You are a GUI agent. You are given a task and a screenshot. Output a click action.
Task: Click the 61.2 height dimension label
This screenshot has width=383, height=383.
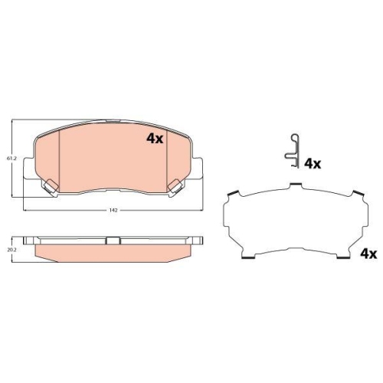pos(11,159)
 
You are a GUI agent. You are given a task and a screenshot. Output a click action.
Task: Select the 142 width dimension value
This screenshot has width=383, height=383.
pos(113,210)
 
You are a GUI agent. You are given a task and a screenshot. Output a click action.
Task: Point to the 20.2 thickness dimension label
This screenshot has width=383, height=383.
pos(11,250)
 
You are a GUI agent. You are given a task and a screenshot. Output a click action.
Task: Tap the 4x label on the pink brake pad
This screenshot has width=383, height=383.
pos(155,139)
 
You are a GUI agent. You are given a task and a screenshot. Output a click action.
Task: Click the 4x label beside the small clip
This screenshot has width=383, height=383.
pos(313,164)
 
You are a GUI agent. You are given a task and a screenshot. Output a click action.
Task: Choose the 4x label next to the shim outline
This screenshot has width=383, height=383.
pos(368,254)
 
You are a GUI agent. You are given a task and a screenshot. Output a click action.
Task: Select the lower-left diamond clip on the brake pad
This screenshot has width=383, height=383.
pos(51,186)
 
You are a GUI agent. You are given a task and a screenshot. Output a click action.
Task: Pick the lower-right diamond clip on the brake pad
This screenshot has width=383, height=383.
pos(175,186)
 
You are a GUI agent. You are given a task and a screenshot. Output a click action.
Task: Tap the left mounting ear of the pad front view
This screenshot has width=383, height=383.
pos(28,168)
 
